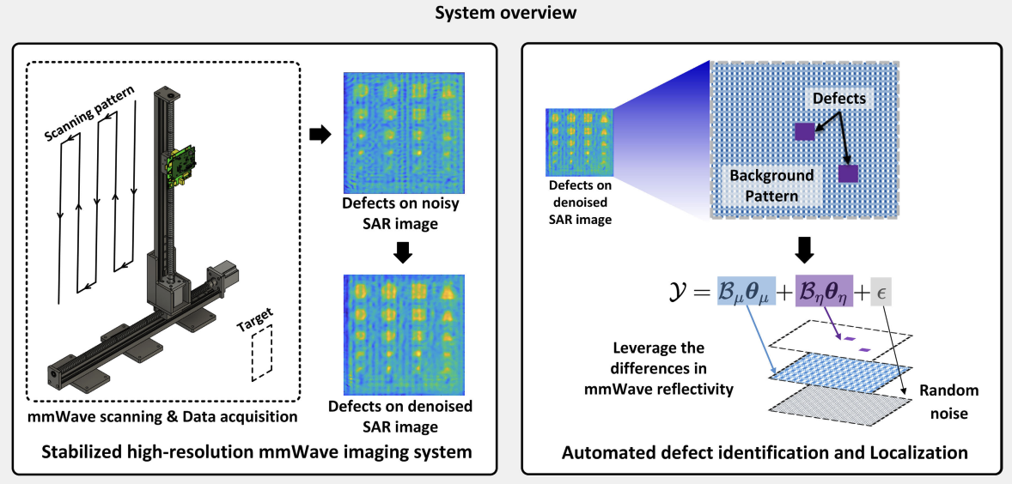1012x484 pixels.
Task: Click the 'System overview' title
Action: [x=504, y=15]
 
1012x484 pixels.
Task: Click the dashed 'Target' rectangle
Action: [x=261, y=353]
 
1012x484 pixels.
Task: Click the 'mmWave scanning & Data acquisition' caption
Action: [x=164, y=418]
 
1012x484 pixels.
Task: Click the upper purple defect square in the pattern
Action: [x=804, y=131]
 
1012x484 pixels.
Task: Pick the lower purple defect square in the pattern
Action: [x=848, y=174]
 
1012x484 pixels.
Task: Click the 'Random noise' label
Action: [x=949, y=402]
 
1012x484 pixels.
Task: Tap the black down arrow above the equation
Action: [x=806, y=250]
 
